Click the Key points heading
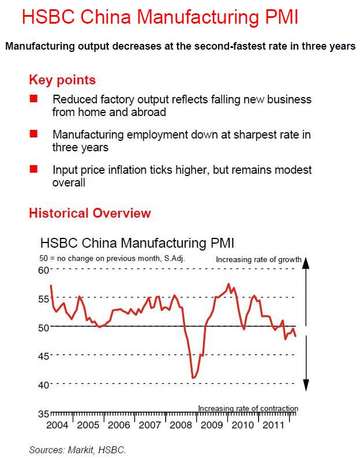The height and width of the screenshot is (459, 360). (62, 80)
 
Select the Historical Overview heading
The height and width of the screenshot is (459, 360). (89, 213)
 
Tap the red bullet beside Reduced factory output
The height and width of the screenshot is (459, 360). (33, 100)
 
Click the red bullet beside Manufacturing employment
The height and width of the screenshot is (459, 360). (33, 135)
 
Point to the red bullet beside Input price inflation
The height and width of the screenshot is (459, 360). (33, 170)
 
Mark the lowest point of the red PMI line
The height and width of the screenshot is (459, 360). (193, 378)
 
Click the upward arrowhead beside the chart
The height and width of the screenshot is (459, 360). (307, 262)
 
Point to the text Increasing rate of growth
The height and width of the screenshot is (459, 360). (258, 260)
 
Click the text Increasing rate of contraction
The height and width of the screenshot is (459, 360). (248, 409)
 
